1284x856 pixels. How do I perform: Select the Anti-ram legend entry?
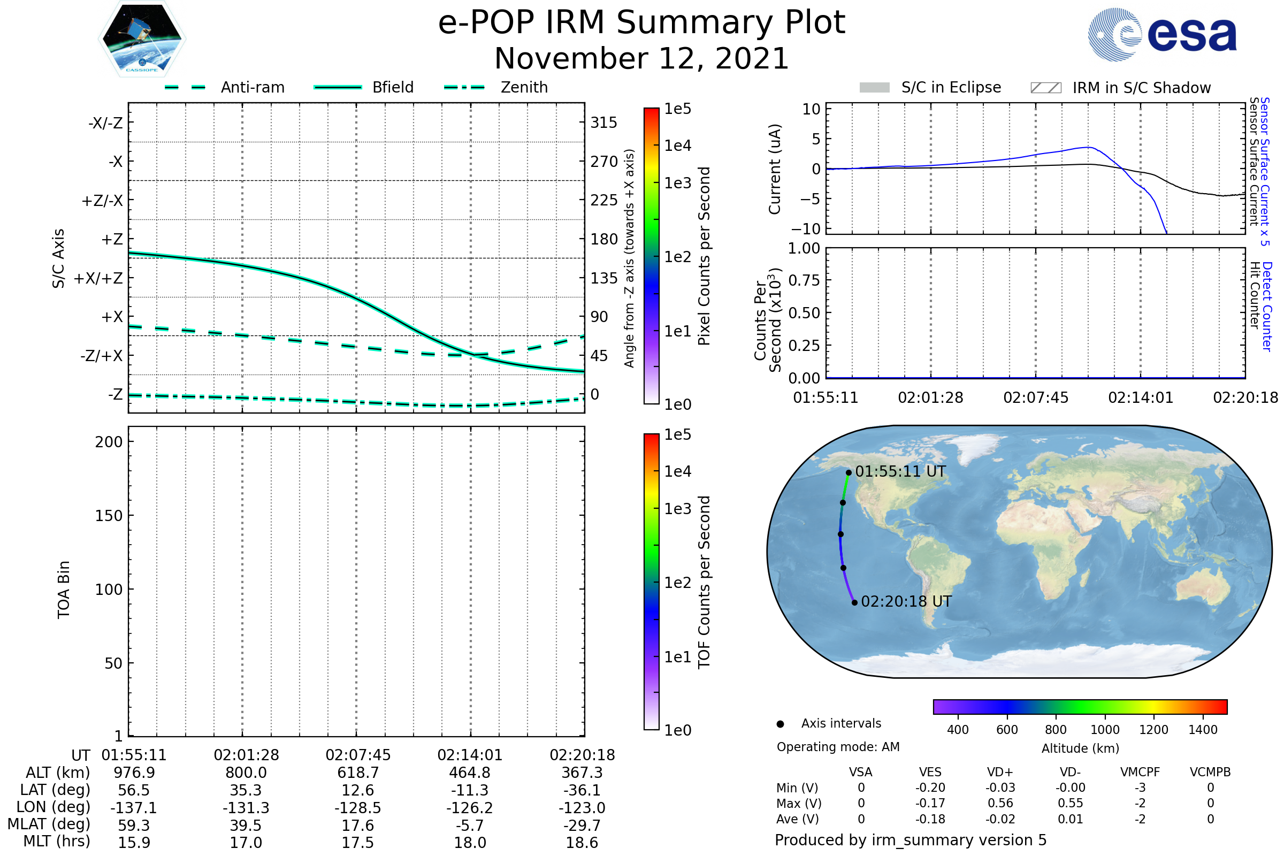[x=252, y=87]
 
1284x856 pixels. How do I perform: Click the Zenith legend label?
[x=524, y=87]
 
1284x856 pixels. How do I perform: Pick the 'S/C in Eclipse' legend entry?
[x=951, y=87]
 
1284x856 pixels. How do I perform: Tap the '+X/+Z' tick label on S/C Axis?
[x=98, y=278]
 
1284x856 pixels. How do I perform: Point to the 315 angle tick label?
[x=604, y=123]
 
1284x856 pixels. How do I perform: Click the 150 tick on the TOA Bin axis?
[x=109, y=516]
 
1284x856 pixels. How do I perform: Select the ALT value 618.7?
[x=358, y=773]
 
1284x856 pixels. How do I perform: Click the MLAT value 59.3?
[x=134, y=826]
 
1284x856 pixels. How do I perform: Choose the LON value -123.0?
[x=582, y=808]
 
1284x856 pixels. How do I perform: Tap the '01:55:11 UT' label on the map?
[x=900, y=472]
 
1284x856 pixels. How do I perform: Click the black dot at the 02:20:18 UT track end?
[x=855, y=603]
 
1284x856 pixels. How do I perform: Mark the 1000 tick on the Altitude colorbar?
[x=1105, y=730]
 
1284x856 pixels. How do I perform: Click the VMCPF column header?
[x=1140, y=773]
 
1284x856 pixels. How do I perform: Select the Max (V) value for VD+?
[x=1000, y=804]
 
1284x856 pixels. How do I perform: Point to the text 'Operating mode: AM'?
[x=838, y=747]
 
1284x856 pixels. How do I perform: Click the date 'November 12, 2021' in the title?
[x=641, y=58]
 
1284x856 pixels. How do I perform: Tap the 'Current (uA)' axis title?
[x=775, y=169]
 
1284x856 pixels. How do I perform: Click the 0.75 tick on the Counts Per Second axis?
[x=804, y=280]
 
